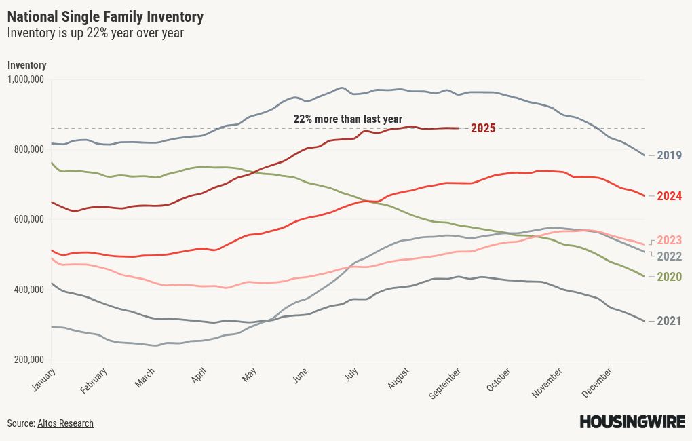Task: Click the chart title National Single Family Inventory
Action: click(x=105, y=16)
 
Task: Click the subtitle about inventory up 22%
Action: click(x=95, y=33)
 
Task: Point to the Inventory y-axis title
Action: click(x=26, y=65)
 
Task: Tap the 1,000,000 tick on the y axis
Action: click(x=26, y=79)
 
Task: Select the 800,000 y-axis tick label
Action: click(x=28, y=149)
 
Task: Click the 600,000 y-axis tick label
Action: click(x=28, y=220)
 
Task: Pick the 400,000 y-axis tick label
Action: click(x=28, y=290)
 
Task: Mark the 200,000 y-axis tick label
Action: click(x=28, y=360)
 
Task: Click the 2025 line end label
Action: click(x=483, y=128)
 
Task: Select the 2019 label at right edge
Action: click(x=669, y=155)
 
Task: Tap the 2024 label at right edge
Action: click(x=669, y=196)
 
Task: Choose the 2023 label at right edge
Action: click(x=669, y=240)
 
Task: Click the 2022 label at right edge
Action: click(x=669, y=256)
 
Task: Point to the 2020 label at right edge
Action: click(x=669, y=277)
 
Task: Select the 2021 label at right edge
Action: click(x=669, y=321)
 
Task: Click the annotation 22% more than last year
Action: click(x=347, y=119)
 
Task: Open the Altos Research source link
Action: click(x=65, y=423)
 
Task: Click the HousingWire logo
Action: click(x=631, y=422)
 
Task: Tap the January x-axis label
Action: click(x=43, y=381)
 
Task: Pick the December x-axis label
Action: click(x=598, y=383)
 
